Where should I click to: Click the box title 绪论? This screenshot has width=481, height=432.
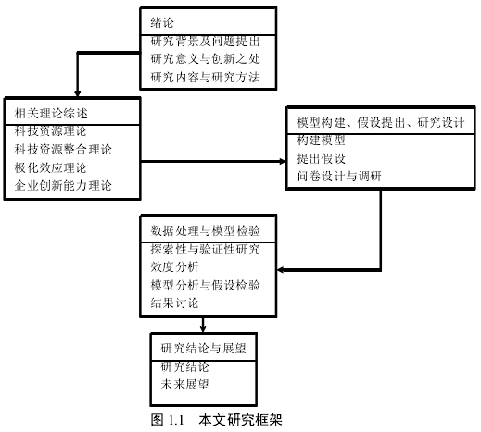coord(162,22)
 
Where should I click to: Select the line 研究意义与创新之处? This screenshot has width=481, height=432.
coord(205,58)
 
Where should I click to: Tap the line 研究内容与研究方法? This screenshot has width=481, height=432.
coord(205,77)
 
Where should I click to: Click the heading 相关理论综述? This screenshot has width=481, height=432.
coord(51,113)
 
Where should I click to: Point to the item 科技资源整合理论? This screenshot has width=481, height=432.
coord(63,150)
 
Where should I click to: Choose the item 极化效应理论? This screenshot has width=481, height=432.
coord(51,167)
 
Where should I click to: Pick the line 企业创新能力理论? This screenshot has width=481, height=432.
coord(63,186)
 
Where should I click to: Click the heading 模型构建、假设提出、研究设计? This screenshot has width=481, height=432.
coord(381,122)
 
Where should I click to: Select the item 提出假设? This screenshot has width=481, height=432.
coord(322,158)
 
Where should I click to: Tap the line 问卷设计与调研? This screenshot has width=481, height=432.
coord(339,177)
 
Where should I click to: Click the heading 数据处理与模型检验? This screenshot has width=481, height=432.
coord(205,230)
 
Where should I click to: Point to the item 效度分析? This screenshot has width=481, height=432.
coord(174,266)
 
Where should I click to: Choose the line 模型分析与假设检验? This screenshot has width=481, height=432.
coord(205,285)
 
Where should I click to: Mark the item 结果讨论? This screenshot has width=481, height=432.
coord(174,302)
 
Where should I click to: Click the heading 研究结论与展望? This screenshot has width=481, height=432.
coord(203,349)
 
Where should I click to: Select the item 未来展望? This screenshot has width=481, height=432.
coord(184,385)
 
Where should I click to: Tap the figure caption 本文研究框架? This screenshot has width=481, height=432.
coord(240,420)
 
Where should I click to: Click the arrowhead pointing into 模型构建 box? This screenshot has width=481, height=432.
coord(283,161)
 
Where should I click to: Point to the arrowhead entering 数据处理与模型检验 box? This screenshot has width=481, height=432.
coord(281,270)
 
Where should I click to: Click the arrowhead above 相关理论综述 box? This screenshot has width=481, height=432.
coord(78,93)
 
